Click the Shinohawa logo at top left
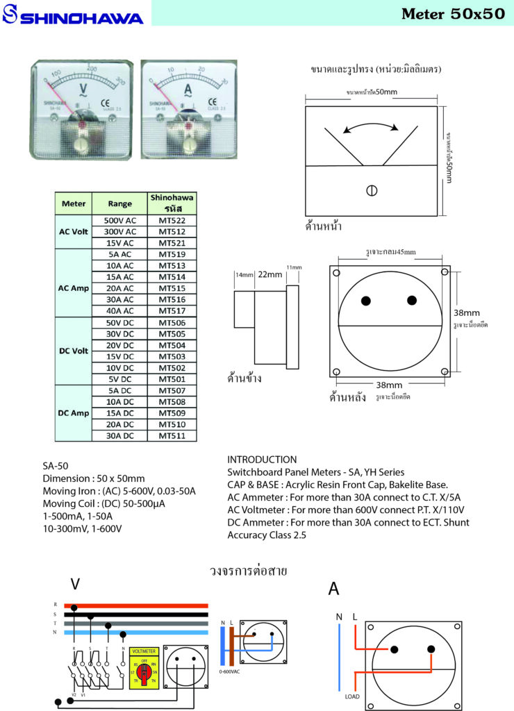(72, 16)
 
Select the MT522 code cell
(172, 220)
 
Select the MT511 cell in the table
(172, 435)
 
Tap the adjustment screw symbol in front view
(372, 190)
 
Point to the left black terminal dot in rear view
(366, 300)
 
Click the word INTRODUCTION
(262, 459)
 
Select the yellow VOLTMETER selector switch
(144, 667)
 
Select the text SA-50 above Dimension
(56, 466)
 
